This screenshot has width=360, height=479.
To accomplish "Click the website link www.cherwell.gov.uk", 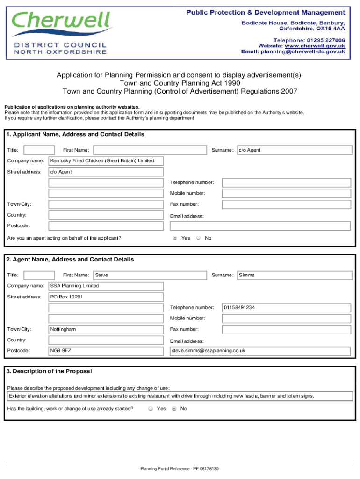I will click(x=315, y=46).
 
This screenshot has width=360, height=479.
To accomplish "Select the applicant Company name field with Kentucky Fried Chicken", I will click(x=106, y=161).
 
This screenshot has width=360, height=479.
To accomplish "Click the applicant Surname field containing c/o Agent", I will click(x=295, y=150).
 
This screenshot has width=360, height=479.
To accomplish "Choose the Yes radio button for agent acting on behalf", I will click(x=175, y=238).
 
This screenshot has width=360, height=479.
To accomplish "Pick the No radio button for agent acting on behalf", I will click(x=199, y=238).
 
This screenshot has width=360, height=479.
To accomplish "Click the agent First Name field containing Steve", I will click(x=150, y=275).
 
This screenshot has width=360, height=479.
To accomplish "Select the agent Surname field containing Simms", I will click(x=295, y=275).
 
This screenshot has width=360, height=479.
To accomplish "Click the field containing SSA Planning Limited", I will click(x=106, y=286).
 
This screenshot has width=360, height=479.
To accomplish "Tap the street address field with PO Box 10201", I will click(x=106, y=297).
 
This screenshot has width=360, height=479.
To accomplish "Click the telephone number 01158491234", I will click(x=286, y=308).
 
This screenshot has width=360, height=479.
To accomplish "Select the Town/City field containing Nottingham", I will click(x=106, y=329).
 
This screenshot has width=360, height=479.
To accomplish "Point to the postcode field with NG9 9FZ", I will click(x=106, y=351).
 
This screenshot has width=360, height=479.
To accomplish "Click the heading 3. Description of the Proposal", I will click(x=50, y=371).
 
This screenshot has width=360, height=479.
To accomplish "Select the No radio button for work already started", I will click(x=174, y=409).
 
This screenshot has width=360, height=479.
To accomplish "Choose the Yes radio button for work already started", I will click(x=151, y=409).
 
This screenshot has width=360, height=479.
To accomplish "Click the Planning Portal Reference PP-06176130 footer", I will click(x=180, y=469).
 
